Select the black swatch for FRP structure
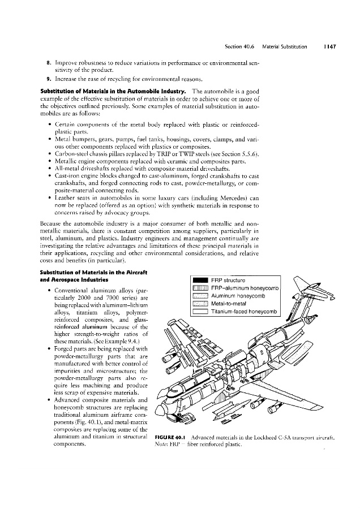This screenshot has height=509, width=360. tap(201, 280)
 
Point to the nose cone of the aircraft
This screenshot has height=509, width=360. tap(164, 421)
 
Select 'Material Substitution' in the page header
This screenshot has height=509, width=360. tap(289, 47)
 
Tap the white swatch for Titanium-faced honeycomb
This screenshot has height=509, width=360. tap(201, 312)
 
